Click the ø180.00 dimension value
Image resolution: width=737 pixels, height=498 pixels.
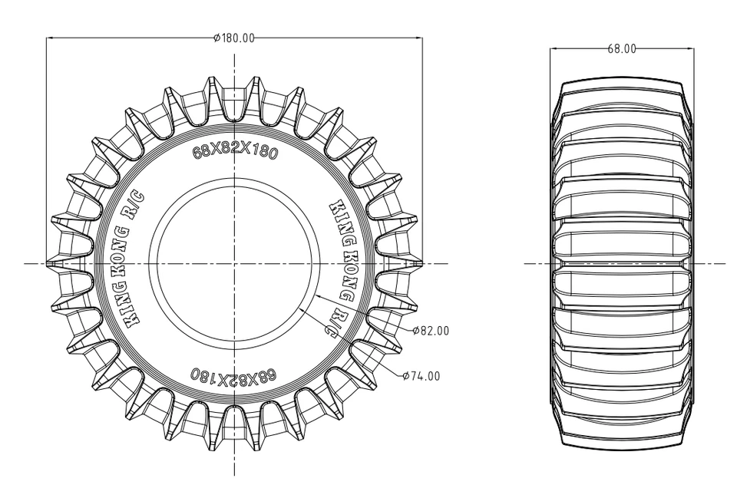(234, 38)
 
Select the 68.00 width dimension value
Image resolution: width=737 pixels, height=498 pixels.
(622, 48)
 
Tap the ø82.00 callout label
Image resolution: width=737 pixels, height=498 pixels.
(431, 331)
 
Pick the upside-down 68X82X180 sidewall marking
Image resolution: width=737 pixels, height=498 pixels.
(233, 377)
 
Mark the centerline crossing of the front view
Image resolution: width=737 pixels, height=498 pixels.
(234, 263)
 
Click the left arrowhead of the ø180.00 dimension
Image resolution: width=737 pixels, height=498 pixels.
(50, 38)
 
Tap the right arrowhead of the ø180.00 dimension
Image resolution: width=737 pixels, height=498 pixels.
(419, 38)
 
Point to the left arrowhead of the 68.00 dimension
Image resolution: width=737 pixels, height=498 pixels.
(554, 48)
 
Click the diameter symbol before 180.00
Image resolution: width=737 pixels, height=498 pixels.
(217, 38)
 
